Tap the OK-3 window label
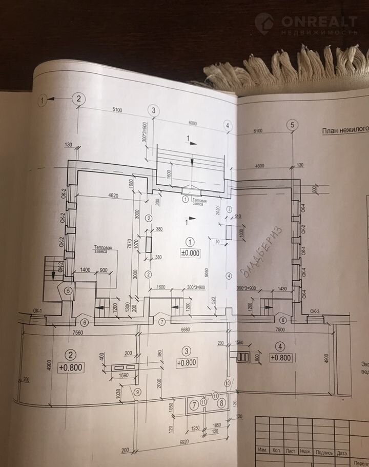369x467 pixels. [x=315, y=312]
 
